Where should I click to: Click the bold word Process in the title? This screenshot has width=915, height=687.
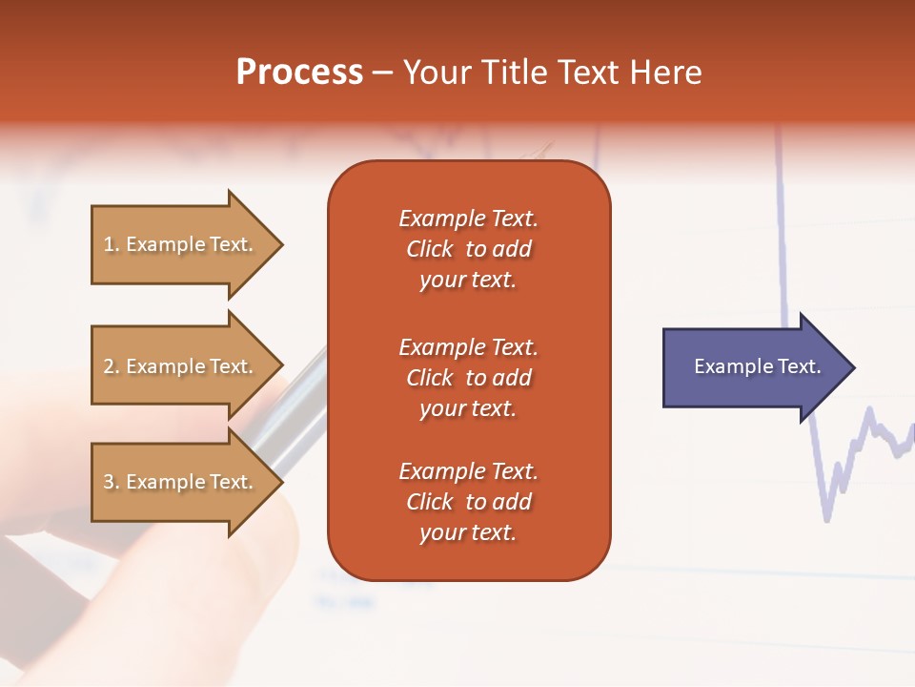(x=299, y=73)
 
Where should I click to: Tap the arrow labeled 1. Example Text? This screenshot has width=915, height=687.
(x=186, y=244)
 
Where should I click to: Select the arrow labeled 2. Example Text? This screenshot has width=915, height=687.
(x=186, y=366)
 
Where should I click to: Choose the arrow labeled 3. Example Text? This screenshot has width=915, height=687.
(x=186, y=482)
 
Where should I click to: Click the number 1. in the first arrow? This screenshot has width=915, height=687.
(x=111, y=244)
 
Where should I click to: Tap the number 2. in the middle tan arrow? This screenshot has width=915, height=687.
(x=111, y=366)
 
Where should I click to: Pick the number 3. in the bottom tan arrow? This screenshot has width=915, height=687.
(x=111, y=482)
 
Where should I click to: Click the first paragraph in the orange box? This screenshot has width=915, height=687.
(x=468, y=249)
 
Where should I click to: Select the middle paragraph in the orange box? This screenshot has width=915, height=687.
(x=468, y=378)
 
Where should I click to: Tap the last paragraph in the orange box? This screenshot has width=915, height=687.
(x=468, y=502)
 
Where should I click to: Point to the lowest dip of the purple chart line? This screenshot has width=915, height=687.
(x=826, y=518)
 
